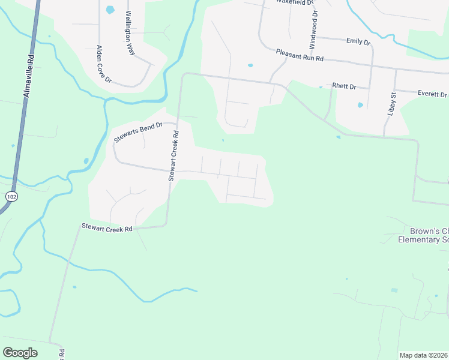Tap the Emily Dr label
tap(358, 41)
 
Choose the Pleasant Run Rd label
tap(300, 55)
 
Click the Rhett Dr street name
tap(344, 87)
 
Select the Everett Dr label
tap(432, 94)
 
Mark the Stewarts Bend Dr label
tap(138, 133)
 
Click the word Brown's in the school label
tap(421, 231)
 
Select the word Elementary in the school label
tap(417, 239)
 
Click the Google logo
tap(20, 353)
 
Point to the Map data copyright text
tap(423, 355)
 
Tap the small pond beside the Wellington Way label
tap(110, 10)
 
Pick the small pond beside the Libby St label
tap(360, 105)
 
